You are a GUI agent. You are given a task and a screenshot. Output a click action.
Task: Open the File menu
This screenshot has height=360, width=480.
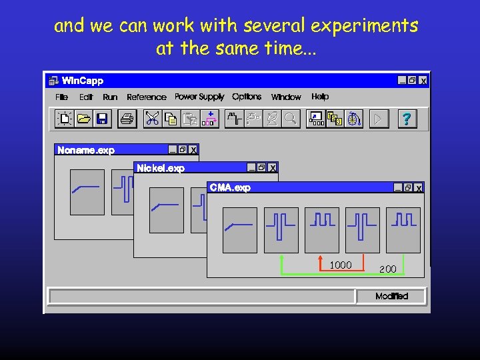(x=62, y=97)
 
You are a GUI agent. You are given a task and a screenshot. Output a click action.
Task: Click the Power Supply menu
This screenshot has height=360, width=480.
(x=199, y=97)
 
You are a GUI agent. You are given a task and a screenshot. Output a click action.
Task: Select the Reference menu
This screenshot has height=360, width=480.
(x=147, y=97)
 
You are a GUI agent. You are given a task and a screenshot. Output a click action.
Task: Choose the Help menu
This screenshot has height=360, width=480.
(x=320, y=97)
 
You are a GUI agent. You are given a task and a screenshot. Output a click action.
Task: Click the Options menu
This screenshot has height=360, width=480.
(x=247, y=97)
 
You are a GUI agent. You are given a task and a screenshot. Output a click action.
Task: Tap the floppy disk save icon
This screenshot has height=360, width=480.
(x=102, y=119)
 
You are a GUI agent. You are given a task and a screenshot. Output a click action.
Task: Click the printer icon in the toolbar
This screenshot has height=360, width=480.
(x=127, y=119)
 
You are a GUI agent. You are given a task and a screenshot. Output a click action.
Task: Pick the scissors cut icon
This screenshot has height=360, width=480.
(x=153, y=119)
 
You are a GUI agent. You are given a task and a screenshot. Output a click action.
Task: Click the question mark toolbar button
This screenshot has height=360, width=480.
(x=406, y=119)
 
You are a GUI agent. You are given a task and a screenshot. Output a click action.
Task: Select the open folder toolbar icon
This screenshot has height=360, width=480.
(x=83, y=119)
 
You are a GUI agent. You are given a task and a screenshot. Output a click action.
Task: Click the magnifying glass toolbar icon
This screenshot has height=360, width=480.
(x=290, y=119)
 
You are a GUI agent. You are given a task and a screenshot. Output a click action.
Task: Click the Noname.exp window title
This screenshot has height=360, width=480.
(x=86, y=151)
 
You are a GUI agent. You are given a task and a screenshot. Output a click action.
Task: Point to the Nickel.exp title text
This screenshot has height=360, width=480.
(x=161, y=169)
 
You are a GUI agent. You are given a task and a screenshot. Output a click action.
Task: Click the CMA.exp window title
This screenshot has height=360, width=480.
(x=230, y=188)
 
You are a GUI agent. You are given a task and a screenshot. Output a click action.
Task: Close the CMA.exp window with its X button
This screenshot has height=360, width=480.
(x=419, y=189)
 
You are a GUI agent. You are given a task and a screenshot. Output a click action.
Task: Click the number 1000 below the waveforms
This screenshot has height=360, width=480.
(x=341, y=265)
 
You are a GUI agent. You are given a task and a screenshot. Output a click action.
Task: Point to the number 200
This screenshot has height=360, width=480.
(x=388, y=269)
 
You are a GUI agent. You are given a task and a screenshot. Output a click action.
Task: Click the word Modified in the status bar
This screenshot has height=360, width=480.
(x=391, y=296)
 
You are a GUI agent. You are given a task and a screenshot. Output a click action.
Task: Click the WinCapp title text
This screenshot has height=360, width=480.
(x=83, y=81)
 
